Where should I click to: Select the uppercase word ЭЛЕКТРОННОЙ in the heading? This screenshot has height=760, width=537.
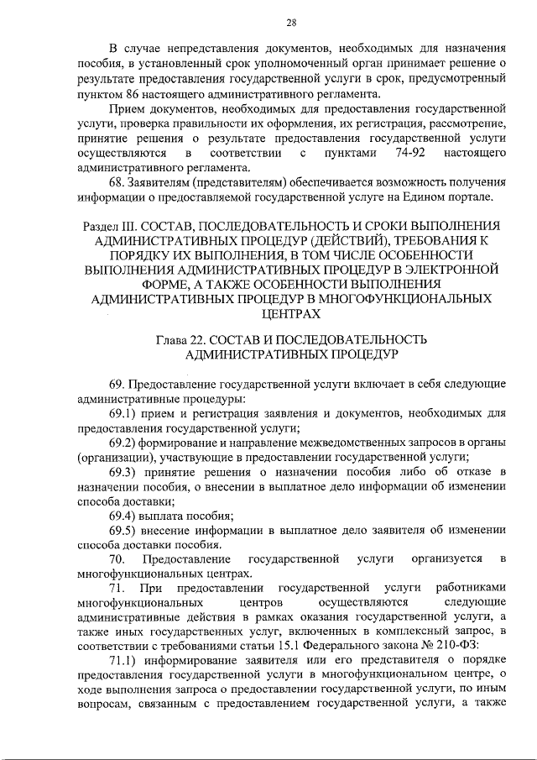coord(458,270)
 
